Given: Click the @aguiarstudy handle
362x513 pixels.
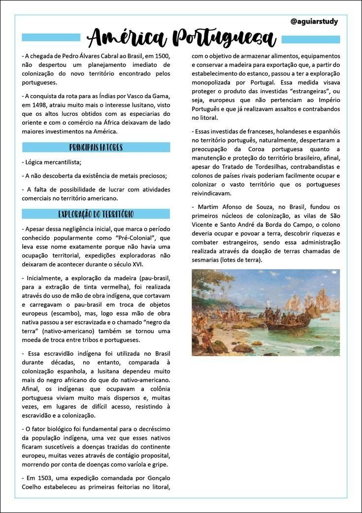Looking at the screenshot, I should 314,22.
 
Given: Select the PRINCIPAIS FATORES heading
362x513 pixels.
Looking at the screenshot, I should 96,147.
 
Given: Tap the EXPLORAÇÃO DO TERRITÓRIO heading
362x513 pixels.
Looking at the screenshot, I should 96,214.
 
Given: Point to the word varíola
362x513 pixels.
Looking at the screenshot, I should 136,465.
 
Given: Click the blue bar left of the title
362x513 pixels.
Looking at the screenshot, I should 51,37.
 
